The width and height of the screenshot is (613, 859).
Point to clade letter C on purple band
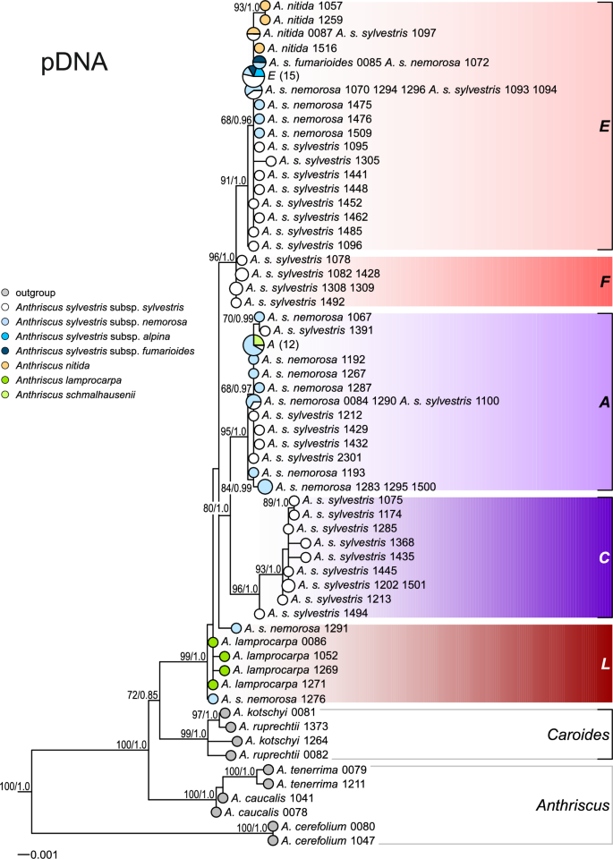603,557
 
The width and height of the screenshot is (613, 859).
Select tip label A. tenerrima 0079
321,769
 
